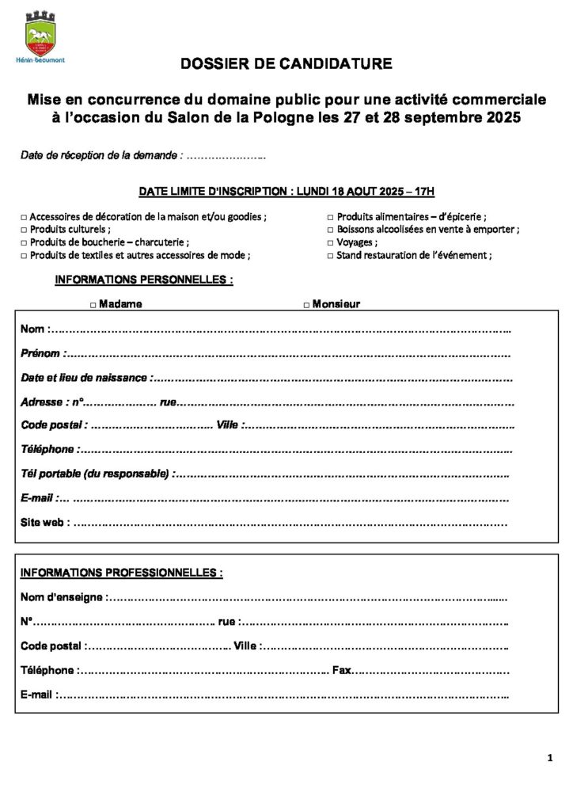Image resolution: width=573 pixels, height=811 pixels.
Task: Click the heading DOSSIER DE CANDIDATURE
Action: (x=286, y=64)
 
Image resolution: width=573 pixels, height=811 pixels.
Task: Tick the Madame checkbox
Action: (x=93, y=304)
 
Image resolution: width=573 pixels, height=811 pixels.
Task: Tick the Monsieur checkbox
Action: (x=307, y=304)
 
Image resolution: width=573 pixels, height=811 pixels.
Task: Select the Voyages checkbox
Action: (x=331, y=242)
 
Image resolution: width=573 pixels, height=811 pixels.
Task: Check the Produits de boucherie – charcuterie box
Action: (x=24, y=242)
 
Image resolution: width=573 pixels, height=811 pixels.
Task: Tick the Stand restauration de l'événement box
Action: (x=331, y=256)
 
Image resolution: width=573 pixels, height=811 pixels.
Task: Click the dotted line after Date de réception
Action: (x=226, y=157)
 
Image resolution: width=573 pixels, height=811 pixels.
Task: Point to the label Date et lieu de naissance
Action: (x=84, y=378)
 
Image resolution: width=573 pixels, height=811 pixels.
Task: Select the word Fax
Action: (x=341, y=670)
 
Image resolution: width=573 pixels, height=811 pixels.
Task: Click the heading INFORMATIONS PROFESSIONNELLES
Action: (x=121, y=572)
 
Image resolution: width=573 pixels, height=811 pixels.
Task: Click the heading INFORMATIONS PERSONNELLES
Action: (x=143, y=280)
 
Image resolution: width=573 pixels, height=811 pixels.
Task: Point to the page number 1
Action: (x=549, y=759)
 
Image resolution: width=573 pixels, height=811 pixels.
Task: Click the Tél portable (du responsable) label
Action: (x=94, y=474)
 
